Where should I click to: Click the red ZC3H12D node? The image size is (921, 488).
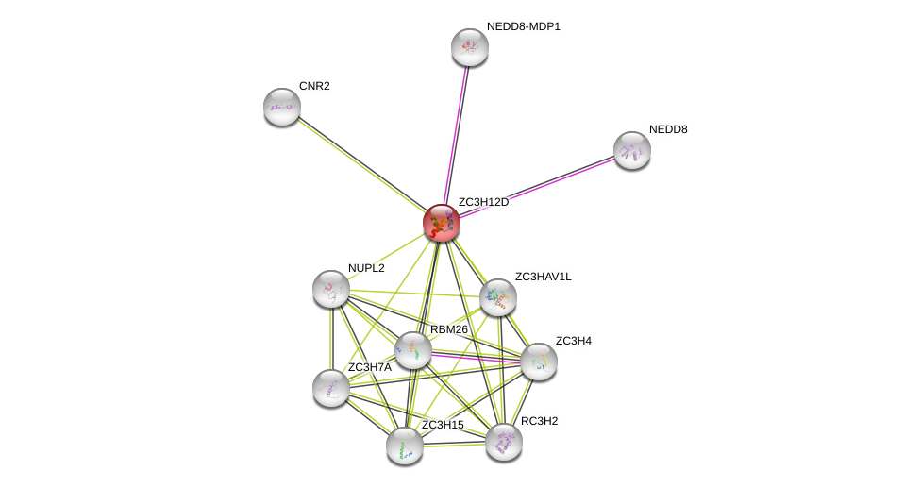click(x=441, y=223)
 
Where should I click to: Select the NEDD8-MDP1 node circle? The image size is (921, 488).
click(x=469, y=47)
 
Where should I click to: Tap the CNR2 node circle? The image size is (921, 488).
click(x=281, y=107)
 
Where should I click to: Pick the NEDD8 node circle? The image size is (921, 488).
click(x=631, y=149)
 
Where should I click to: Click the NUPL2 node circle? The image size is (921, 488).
click(x=330, y=289)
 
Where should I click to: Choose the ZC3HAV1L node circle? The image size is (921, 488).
click(x=497, y=297)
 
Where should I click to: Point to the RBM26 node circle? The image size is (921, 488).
click(x=412, y=350)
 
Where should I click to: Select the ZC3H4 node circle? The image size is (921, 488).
click(x=538, y=361)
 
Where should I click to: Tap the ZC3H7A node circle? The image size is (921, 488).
click(x=330, y=387)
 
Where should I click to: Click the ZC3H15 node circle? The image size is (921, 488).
click(x=404, y=446)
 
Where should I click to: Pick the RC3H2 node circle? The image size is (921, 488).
click(x=503, y=441)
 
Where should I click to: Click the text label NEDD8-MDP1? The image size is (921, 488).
click(x=523, y=26)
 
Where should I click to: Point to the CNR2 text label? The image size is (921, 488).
click(x=314, y=86)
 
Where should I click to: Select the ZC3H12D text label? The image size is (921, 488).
click(x=483, y=202)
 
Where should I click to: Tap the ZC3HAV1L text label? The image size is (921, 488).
click(x=543, y=277)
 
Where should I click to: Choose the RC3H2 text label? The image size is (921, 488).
click(x=539, y=421)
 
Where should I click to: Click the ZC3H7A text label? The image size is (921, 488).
click(x=369, y=367)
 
